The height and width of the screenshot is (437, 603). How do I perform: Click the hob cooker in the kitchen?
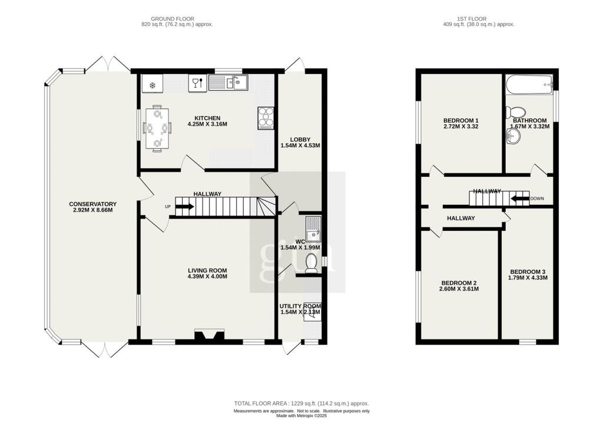click(266, 118)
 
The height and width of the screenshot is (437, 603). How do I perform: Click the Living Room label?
click(207, 270)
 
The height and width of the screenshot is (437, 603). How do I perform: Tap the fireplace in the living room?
click(209, 336)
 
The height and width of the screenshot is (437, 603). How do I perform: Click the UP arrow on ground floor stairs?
click(184, 207)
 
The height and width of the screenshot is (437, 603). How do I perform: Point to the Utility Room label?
click(300, 306)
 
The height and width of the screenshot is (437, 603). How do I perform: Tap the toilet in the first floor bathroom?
click(518, 112)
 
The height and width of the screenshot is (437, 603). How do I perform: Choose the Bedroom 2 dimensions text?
click(459, 289)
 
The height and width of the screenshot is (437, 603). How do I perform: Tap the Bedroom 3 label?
click(528, 271)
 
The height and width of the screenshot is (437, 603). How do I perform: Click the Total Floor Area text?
click(301, 403)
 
